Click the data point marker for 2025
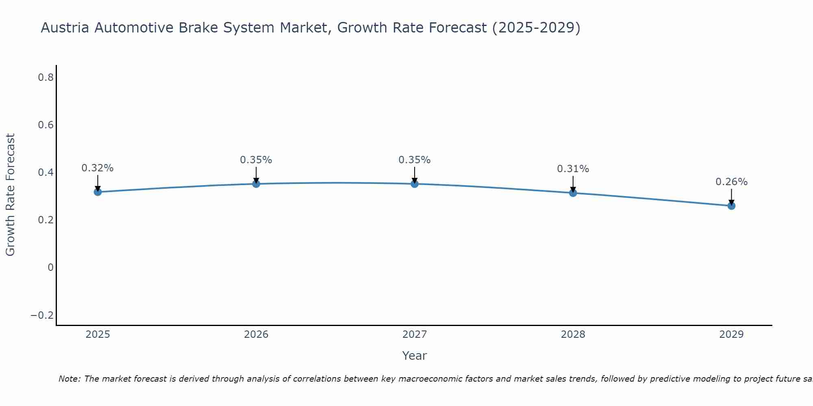(x=98, y=192)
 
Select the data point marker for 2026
(x=256, y=184)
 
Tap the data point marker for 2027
(x=415, y=184)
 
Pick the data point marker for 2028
(x=573, y=193)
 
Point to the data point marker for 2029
(x=731, y=206)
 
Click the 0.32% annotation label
(x=98, y=168)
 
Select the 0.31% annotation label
(x=573, y=169)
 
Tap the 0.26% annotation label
(x=731, y=182)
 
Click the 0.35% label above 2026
(x=256, y=160)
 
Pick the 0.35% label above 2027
(x=415, y=160)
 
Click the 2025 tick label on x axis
(x=98, y=335)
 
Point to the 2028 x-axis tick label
(x=573, y=335)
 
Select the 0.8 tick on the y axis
(x=46, y=77)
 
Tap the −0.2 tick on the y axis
(x=42, y=315)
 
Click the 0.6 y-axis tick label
(x=46, y=125)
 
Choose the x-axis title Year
(x=415, y=356)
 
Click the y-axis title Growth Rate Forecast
(x=10, y=195)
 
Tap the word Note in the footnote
(x=69, y=379)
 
